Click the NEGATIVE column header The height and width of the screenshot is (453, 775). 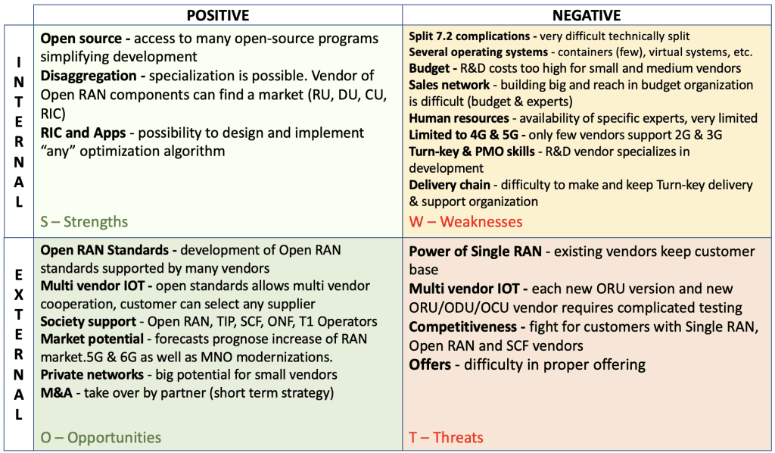tap(587, 15)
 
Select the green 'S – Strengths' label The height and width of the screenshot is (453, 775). tap(84, 222)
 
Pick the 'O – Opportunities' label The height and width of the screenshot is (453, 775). tap(101, 437)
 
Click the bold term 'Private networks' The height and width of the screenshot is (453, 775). tap(92, 374)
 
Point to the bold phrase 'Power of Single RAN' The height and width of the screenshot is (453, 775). tap(475, 251)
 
